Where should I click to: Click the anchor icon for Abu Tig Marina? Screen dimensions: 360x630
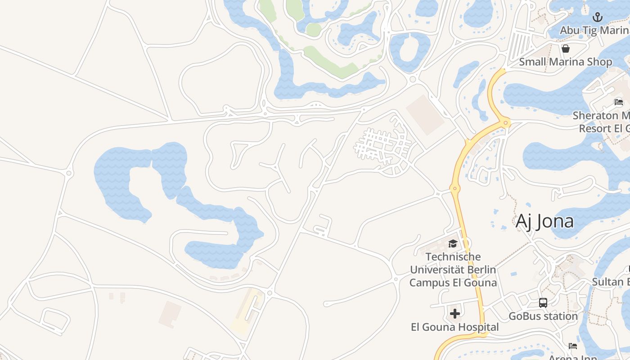click(597, 17)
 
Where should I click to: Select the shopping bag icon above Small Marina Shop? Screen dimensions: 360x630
click(566, 48)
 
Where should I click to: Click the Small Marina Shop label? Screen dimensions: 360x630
click(566, 62)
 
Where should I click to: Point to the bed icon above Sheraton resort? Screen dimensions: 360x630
click(619, 102)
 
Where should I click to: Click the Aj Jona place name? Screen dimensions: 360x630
click(544, 221)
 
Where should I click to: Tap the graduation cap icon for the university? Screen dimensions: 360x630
click(453, 243)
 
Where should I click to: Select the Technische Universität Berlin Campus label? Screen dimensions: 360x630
click(453, 270)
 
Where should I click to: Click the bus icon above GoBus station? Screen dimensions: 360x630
click(543, 302)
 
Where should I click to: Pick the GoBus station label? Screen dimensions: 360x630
click(543, 316)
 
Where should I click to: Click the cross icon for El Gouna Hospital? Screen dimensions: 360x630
click(455, 313)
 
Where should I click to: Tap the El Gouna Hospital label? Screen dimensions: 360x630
click(455, 327)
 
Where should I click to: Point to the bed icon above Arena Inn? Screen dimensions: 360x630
click(573, 346)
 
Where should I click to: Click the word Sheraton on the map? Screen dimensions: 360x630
click(595, 115)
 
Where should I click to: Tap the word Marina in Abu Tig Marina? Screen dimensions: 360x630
click(614, 30)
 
